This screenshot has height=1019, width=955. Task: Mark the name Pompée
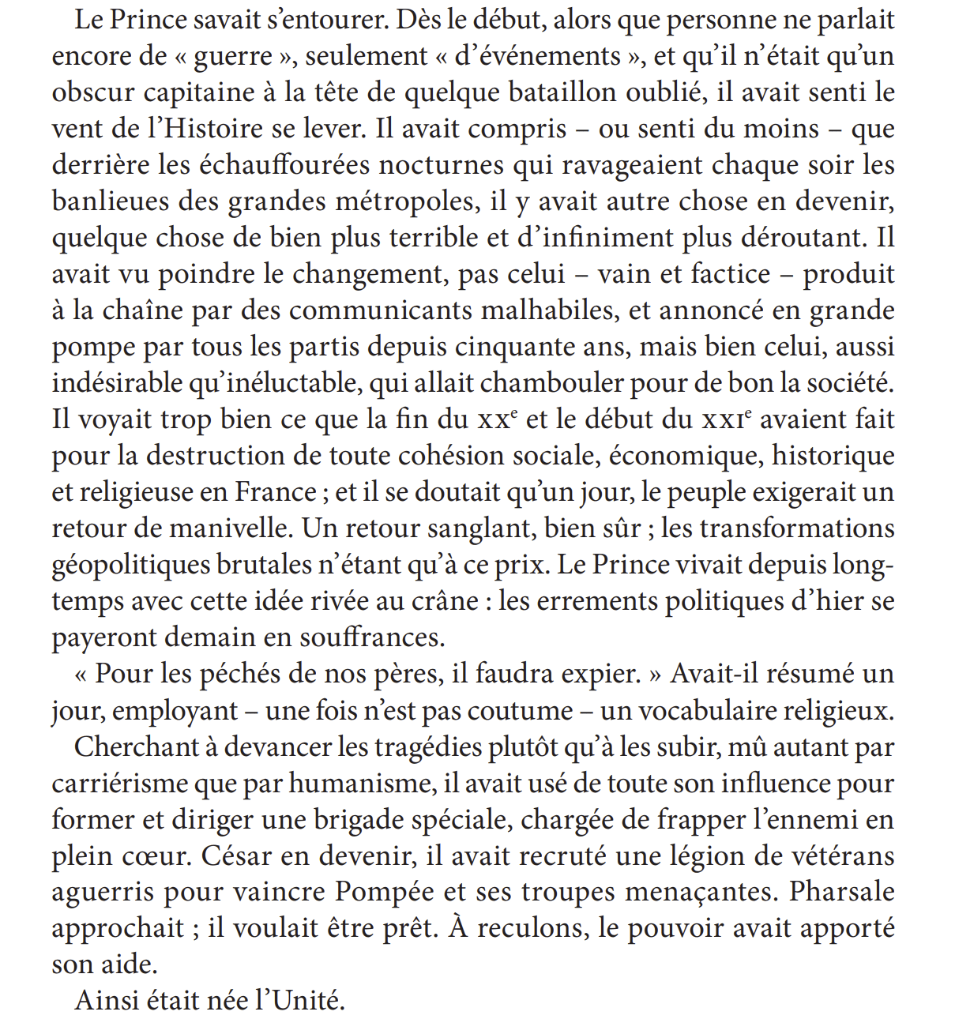[x=385, y=892]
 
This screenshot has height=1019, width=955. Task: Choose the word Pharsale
[x=841, y=892]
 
